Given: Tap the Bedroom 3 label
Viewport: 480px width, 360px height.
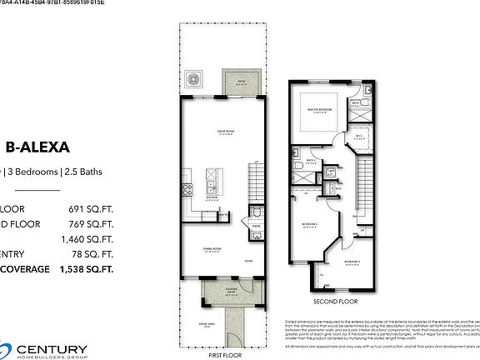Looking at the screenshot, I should pos(351,261).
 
